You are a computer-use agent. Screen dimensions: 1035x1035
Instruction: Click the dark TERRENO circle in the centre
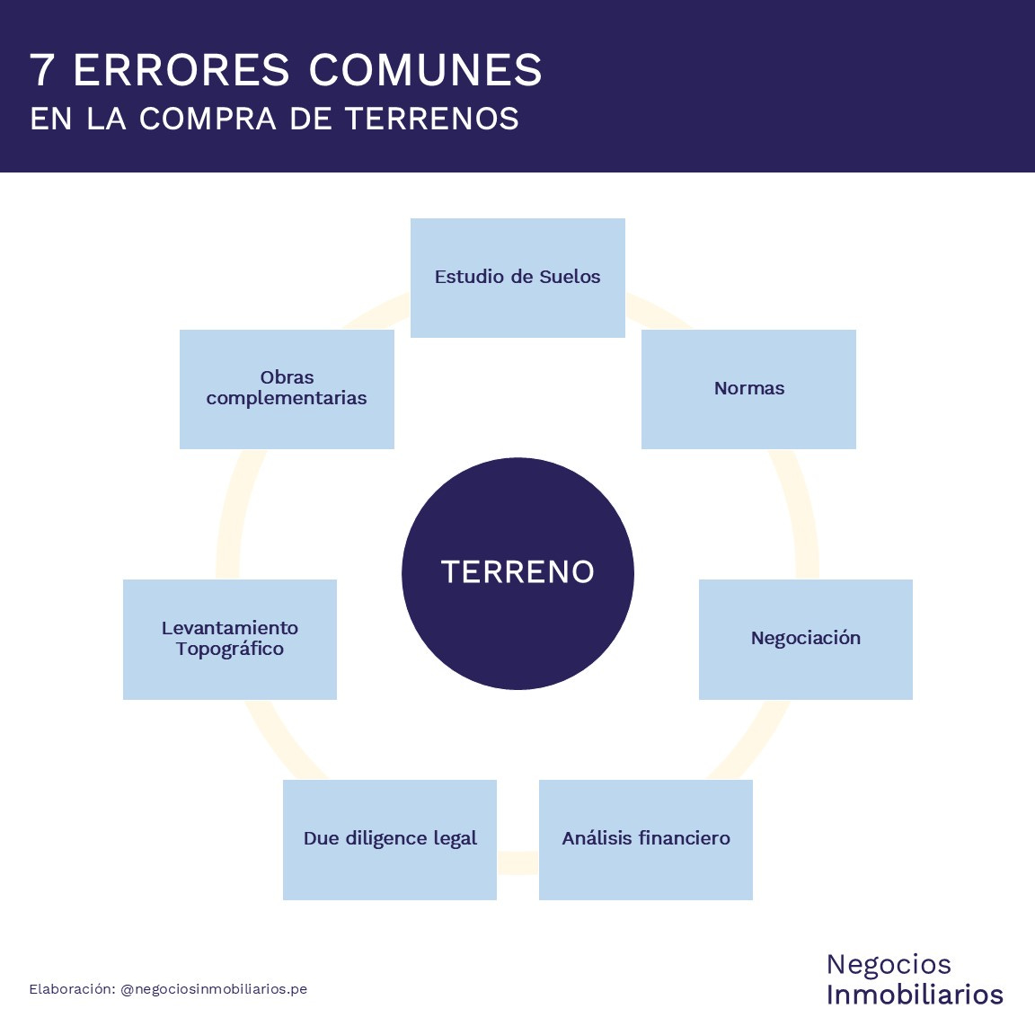coord(517,573)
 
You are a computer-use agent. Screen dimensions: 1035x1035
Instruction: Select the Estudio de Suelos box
coord(517,278)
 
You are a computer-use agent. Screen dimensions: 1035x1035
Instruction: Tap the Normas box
coord(748,389)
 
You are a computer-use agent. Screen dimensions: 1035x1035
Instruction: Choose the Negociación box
coord(805,639)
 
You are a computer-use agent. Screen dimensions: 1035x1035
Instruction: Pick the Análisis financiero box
coord(645,839)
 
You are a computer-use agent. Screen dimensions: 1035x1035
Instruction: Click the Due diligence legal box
coord(389,839)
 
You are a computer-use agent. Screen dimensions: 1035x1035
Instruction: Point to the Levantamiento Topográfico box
coord(229,639)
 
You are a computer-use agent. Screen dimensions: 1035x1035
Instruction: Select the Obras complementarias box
coord(287,389)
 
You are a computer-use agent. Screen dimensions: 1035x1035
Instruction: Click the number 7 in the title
coord(41,70)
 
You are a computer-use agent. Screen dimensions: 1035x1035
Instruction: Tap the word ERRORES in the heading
coord(181,70)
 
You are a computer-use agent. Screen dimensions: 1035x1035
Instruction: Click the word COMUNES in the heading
coord(425,70)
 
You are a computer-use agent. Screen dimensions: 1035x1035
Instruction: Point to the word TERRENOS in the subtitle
coord(431,119)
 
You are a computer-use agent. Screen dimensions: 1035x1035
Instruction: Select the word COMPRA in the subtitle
coord(208,119)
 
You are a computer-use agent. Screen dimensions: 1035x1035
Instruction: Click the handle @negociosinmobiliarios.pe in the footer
coord(214,989)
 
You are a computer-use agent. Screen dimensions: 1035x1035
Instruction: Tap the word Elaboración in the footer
coord(72,989)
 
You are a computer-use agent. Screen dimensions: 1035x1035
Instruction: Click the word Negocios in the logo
coord(889,964)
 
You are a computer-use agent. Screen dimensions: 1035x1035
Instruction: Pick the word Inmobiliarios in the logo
coord(915,995)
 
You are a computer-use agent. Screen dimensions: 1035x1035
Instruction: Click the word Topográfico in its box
coord(229,650)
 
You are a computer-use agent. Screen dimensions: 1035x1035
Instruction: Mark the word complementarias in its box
coord(287,399)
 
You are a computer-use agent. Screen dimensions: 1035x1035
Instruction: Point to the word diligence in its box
coord(386,839)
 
